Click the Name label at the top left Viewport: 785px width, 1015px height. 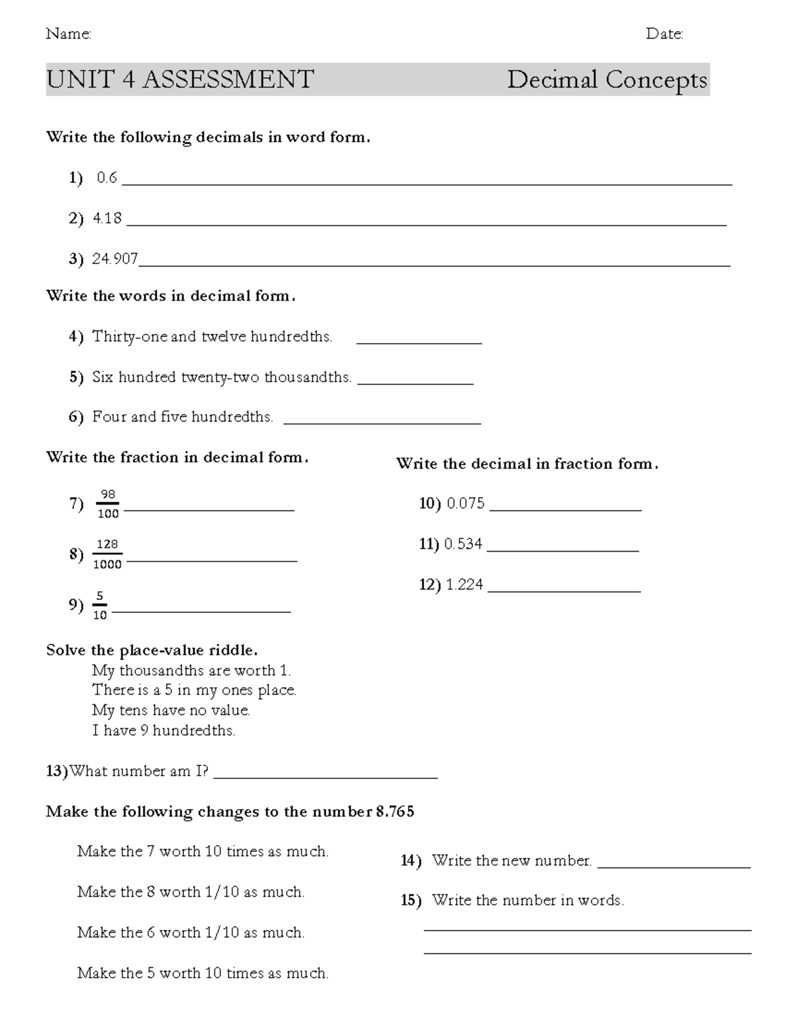[68, 34]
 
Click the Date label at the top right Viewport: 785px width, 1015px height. [664, 34]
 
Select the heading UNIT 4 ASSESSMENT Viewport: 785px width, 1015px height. [180, 80]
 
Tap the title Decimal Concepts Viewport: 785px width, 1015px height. [607, 80]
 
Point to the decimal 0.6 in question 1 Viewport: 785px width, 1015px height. [107, 178]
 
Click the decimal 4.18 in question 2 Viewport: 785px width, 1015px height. [107, 218]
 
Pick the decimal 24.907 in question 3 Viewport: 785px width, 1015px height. [115, 259]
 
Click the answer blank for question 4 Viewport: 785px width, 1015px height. [419, 341]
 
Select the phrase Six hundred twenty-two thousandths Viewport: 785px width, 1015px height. [222, 377]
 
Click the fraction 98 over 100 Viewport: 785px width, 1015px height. [108, 504]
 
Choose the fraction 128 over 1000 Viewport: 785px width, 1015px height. [107, 554]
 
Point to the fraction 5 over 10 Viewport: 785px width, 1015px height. [99, 605]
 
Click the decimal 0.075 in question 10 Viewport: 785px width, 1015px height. [466, 503]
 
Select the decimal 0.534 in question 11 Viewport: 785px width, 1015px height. [463, 544]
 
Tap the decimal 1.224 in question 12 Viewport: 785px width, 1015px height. [464, 584]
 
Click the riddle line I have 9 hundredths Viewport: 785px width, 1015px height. [164, 731]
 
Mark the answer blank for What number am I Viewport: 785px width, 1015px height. [325, 776]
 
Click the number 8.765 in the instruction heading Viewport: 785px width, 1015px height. [395, 812]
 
